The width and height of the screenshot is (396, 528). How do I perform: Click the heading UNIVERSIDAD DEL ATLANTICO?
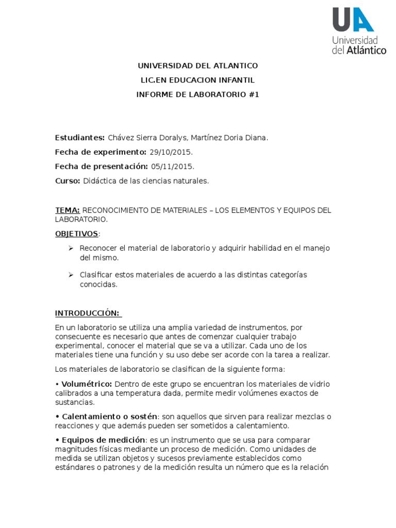197,66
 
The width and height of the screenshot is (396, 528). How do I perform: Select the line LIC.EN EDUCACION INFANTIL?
197,80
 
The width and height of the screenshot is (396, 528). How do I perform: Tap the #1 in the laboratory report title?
253,94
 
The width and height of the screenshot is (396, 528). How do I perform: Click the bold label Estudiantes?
80,138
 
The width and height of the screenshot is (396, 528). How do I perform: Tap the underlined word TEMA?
68,210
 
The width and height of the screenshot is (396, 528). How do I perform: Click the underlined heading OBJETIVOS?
76,234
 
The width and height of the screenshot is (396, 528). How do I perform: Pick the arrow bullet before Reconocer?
72,249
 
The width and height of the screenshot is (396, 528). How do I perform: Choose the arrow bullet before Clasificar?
72,275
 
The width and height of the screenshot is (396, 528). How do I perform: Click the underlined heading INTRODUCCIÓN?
87,313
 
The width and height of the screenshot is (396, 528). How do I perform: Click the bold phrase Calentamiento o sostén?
109,416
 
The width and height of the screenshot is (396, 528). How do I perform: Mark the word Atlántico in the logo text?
366,51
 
